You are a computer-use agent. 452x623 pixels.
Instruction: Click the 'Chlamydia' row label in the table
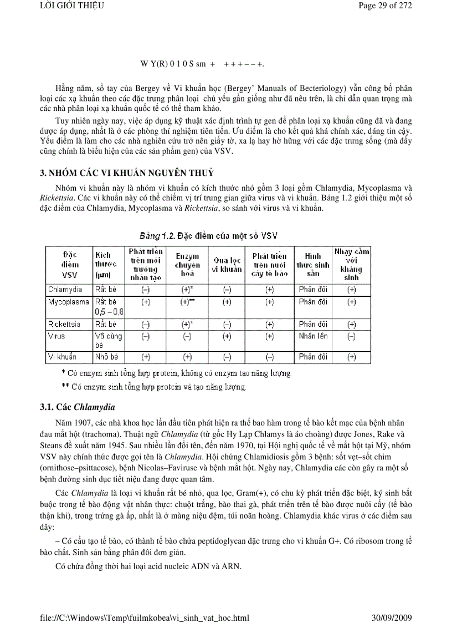[65, 290]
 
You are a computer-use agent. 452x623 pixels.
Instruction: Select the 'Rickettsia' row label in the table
[65, 325]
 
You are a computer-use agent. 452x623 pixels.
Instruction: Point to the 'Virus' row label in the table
[56, 336]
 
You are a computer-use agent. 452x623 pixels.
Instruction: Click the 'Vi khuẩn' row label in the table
[62, 357]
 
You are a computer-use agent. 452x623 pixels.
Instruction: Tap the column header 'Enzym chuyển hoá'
[188, 265]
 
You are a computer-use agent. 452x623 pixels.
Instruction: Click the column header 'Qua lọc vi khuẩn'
[227, 265]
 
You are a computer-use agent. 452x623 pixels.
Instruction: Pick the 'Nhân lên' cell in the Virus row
[313, 336]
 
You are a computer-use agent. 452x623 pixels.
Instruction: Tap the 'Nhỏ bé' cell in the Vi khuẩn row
[106, 357]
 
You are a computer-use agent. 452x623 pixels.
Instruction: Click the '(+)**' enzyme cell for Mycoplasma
[188, 302]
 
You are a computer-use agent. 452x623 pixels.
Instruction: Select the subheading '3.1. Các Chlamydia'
[76, 408]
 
